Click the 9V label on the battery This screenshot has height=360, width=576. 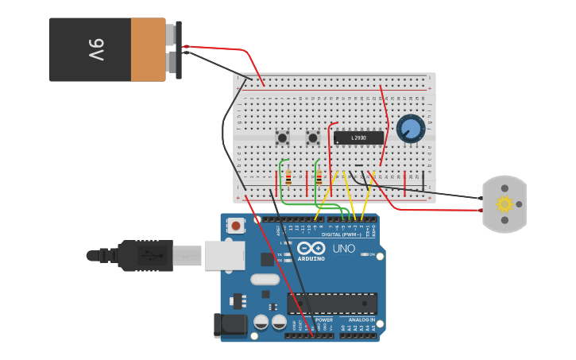click(x=95, y=50)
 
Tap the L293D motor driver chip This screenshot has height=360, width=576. click(x=358, y=137)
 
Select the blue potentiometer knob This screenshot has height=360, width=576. click(x=410, y=128)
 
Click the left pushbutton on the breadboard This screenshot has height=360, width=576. click(x=282, y=137)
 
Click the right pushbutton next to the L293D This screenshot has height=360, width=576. click(x=313, y=137)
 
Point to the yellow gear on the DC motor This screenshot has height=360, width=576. click(x=504, y=204)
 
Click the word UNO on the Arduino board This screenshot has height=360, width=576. click(x=343, y=249)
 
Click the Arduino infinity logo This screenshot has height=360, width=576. click(x=311, y=248)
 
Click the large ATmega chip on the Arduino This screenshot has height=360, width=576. click(x=332, y=303)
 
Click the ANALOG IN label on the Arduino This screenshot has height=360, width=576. click(x=361, y=319)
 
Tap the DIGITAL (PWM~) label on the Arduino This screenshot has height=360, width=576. click(x=342, y=234)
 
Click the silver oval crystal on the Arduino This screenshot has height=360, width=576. click(x=265, y=279)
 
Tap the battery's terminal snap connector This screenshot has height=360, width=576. click(x=174, y=49)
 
